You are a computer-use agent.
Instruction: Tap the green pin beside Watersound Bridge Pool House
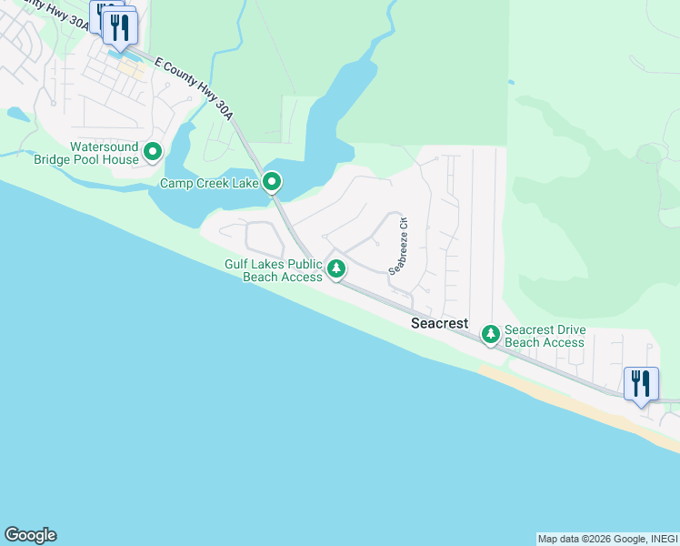(153, 152)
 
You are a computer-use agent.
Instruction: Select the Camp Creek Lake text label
(210, 183)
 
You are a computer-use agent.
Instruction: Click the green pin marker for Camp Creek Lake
(272, 183)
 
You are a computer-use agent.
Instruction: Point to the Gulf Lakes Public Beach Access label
(273, 270)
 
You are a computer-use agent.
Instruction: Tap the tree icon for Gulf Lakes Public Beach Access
(336, 268)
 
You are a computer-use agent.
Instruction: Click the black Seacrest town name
(440, 324)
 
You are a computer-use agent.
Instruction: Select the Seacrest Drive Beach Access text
(545, 336)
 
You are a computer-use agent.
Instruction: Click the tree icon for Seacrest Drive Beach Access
(491, 336)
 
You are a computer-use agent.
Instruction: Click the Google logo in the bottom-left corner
(30, 535)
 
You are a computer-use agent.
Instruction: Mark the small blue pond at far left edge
(17, 116)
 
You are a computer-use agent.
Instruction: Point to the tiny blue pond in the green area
(511, 83)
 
